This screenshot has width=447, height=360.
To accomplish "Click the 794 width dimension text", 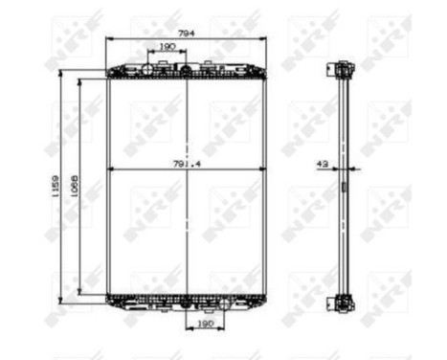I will point(185,34).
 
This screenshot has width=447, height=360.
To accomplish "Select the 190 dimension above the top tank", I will point(166,46).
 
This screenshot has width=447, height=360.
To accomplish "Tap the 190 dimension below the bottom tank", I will point(205,324).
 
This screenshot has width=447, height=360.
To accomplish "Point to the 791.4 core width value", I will point(186,165).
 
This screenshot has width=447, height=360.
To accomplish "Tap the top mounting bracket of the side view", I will point(343,69).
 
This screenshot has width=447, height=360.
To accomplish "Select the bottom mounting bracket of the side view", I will point(343,304).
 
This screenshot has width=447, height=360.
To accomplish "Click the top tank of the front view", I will point(186,71).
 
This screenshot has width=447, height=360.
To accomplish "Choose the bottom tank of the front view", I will point(186,301).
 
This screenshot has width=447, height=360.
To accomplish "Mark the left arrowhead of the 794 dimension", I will point(109,39).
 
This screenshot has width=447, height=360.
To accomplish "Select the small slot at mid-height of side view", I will point(343,188).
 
